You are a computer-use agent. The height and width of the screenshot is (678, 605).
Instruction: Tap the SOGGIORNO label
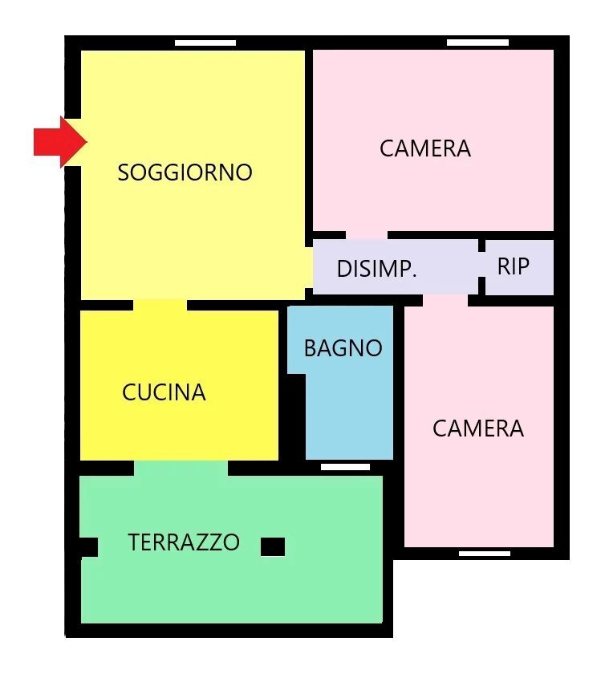[185, 173]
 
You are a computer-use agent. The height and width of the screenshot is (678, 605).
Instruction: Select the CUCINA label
[164, 392]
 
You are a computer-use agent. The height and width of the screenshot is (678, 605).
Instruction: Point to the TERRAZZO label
[184, 542]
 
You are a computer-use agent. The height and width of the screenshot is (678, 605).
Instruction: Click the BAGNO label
[343, 348]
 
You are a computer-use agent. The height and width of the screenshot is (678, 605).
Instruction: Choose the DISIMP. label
[376, 269]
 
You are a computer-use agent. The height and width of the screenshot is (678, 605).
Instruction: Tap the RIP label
[514, 266]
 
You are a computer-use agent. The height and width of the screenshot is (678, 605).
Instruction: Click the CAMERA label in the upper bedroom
[425, 148]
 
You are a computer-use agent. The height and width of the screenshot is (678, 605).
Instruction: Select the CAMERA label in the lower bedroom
[478, 428]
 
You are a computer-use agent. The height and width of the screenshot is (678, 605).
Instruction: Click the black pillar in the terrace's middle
[273, 546]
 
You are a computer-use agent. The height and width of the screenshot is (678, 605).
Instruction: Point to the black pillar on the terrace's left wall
[88, 546]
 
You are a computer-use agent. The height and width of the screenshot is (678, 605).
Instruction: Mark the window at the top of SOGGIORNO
[205, 43]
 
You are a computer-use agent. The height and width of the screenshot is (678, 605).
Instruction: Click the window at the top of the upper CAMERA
[477, 43]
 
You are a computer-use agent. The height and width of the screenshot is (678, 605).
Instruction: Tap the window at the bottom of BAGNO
[345, 466]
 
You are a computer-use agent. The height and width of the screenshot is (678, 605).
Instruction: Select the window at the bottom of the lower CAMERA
[485, 554]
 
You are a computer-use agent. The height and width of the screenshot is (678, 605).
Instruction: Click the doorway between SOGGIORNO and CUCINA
[160, 305]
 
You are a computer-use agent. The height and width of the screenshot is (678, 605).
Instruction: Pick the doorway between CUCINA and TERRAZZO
[181, 467]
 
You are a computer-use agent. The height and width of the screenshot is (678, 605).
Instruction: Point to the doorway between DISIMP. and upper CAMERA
[366, 235]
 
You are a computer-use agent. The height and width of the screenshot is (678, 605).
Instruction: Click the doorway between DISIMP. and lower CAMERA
[445, 300]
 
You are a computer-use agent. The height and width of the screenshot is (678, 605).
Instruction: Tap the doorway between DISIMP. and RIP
[481, 266]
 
